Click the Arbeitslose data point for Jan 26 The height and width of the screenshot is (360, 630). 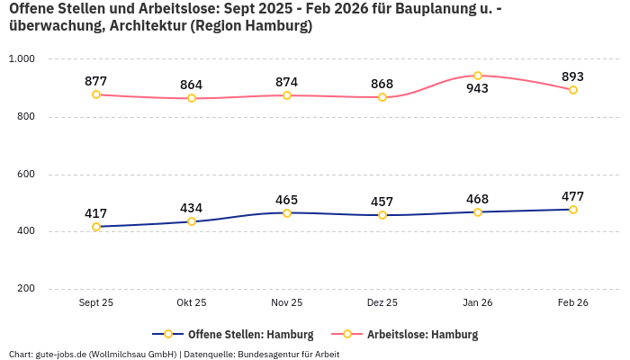[478, 76]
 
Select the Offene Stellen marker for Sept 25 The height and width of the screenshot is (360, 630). [96, 227]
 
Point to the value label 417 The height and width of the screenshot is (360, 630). [96, 213]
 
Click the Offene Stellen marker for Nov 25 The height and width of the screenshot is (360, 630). [287, 213]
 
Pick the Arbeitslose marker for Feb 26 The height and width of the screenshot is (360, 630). [573, 90]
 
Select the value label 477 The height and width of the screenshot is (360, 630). [573, 196]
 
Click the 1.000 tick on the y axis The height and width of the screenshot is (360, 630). [22, 58]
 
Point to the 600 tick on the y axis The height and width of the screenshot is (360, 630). [25, 174]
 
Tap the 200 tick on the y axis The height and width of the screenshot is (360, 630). [25, 289]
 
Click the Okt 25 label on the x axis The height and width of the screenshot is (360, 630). [192, 303]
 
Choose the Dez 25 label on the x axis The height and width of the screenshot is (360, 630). [382, 303]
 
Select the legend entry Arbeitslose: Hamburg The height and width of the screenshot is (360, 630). [422, 334]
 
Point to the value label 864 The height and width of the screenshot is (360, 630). [192, 85]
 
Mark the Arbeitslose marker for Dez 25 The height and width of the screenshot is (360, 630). [382, 97]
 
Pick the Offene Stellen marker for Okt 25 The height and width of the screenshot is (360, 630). [192, 221]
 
